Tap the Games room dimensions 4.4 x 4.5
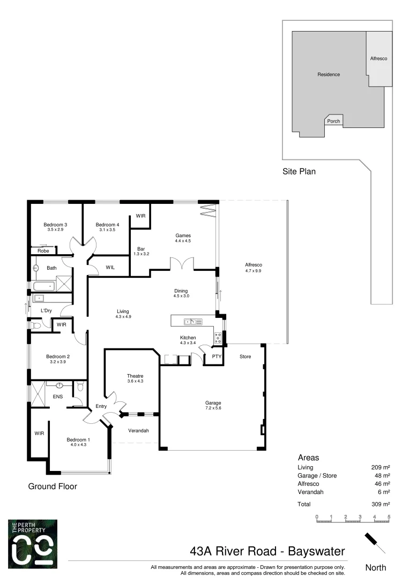click(x=183, y=241)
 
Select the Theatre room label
click(x=135, y=376)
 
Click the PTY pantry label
click(x=216, y=356)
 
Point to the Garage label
click(x=213, y=403)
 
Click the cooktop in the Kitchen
click(x=218, y=337)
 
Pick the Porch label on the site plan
click(x=333, y=121)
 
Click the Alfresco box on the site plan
click(x=379, y=58)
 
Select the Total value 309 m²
click(x=381, y=504)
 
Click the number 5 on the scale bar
click(x=389, y=516)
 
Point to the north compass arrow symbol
click(x=375, y=543)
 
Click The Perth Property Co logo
click(x=33, y=544)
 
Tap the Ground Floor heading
click(x=53, y=486)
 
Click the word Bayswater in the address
click(x=316, y=551)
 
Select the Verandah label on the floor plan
click(x=138, y=431)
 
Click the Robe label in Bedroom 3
click(x=43, y=250)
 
